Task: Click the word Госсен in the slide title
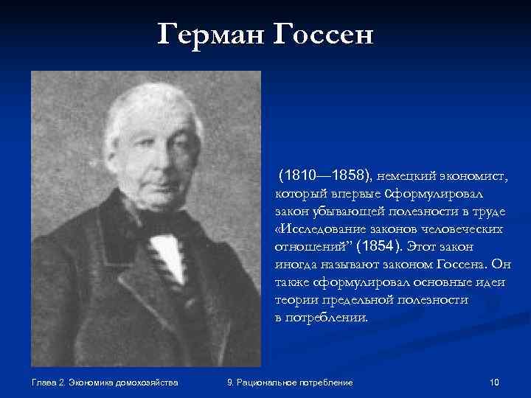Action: tap(325, 34)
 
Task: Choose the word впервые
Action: tap(347, 195)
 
